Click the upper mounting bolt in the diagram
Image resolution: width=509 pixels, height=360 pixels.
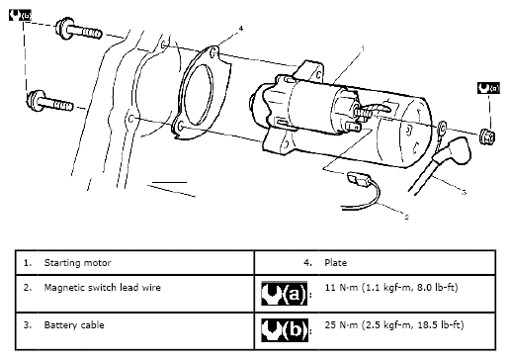coord(78,29)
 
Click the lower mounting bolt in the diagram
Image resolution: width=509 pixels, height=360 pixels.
coord(49,102)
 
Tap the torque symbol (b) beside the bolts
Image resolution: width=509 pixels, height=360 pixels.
coord(20,15)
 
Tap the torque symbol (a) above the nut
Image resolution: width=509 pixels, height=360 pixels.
coord(488,88)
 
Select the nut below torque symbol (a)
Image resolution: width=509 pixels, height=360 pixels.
coord(487,137)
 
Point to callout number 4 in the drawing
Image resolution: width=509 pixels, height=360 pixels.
coord(241,29)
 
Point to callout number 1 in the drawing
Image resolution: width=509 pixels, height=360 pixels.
coord(363,48)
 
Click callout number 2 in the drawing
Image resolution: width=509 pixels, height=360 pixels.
coord(406,217)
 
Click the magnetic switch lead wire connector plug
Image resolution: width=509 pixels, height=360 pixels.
coord(358,179)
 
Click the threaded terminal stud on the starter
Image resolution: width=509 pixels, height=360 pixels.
coord(363,113)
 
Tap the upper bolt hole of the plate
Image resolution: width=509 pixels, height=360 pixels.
coord(214,52)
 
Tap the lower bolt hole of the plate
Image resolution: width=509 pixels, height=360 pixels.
coord(180,126)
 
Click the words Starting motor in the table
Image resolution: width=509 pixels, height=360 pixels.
coord(77,263)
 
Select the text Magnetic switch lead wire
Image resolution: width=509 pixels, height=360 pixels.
coord(103,288)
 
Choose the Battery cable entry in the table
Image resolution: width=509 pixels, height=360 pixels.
coord(74,325)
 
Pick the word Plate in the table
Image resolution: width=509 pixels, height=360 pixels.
coord(335,263)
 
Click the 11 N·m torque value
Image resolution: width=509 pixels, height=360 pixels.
coord(391,288)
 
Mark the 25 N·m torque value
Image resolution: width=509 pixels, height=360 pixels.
coord(394,325)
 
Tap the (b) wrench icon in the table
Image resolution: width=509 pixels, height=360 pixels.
coord(285,330)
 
